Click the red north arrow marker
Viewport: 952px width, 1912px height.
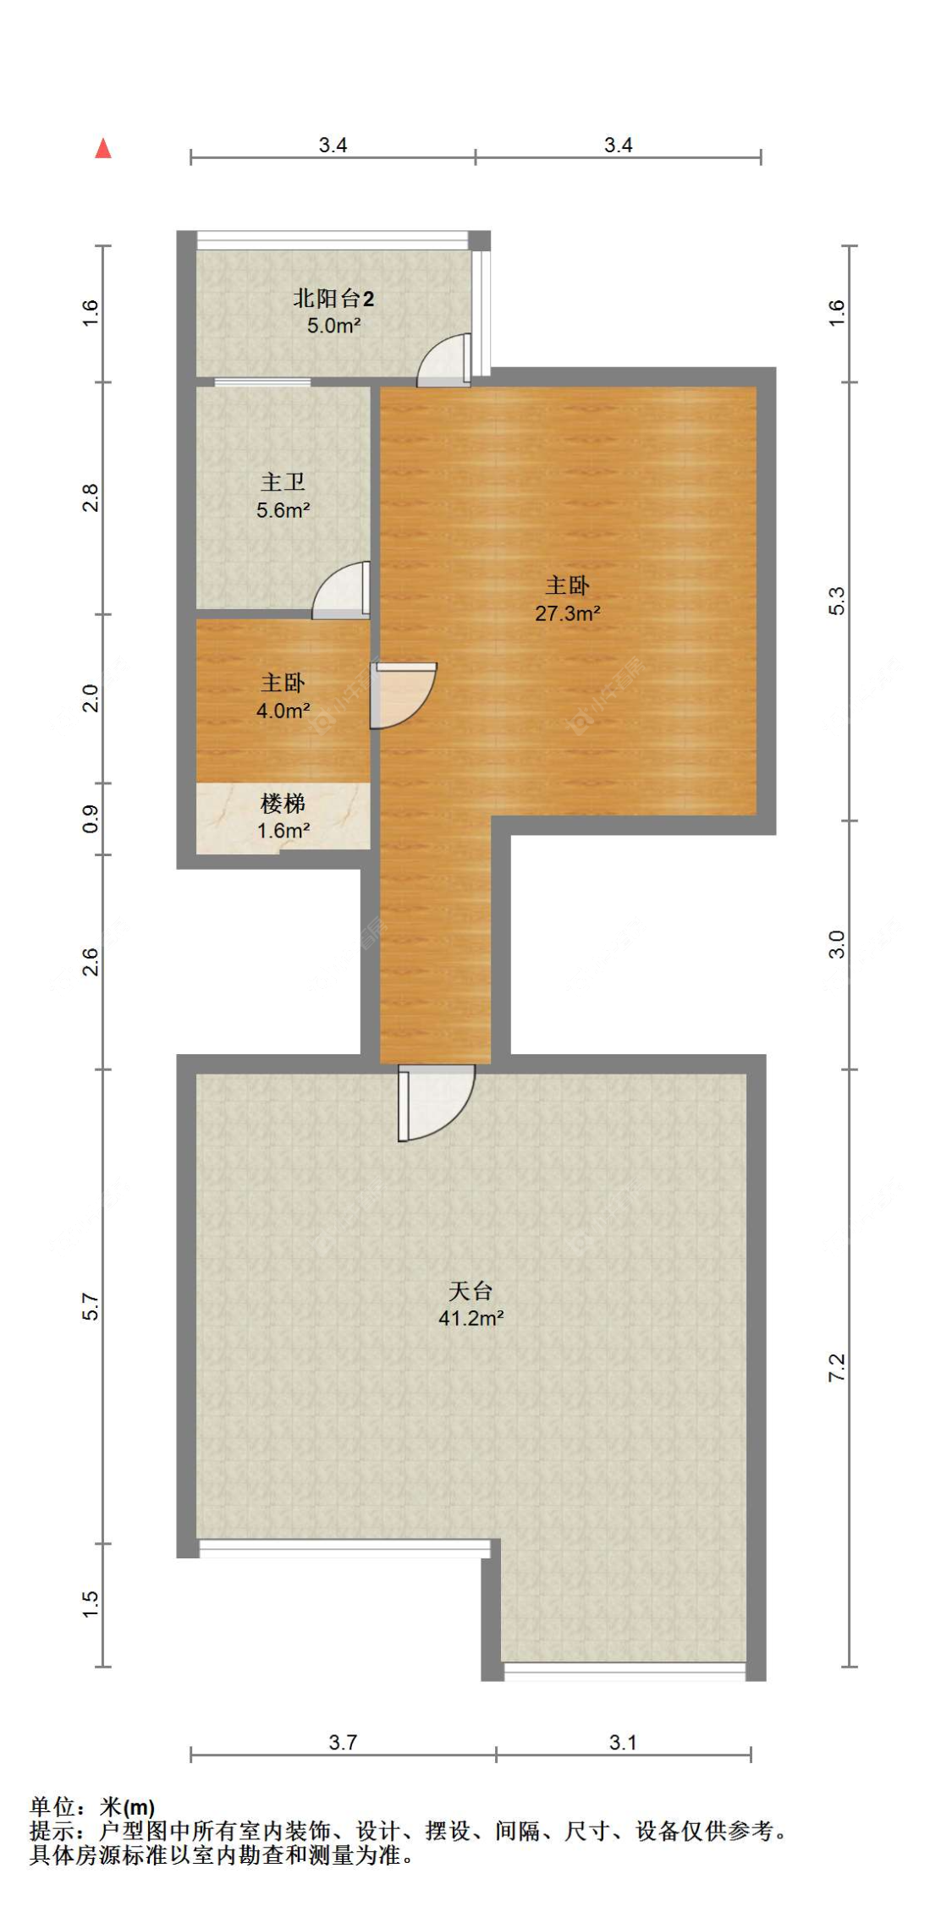click(103, 149)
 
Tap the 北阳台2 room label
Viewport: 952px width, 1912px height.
click(333, 298)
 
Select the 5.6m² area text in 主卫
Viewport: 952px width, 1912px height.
click(283, 510)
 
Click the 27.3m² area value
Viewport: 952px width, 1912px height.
click(567, 613)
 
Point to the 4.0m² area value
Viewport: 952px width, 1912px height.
click(283, 711)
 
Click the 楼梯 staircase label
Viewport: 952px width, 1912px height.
click(283, 802)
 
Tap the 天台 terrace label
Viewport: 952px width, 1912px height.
click(470, 1290)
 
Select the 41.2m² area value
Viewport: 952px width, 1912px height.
click(470, 1318)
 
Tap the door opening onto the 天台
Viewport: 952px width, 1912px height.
click(433, 1100)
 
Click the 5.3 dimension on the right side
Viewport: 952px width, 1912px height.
click(836, 601)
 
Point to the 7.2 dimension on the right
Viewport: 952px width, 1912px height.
click(836, 1368)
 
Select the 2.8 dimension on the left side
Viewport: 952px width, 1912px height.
click(91, 497)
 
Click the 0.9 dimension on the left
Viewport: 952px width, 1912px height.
click(91, 818)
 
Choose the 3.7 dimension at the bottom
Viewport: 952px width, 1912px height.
click(343, 1742)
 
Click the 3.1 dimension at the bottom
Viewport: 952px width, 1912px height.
click(623, 1742)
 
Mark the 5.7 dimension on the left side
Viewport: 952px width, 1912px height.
click(91, 1306)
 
